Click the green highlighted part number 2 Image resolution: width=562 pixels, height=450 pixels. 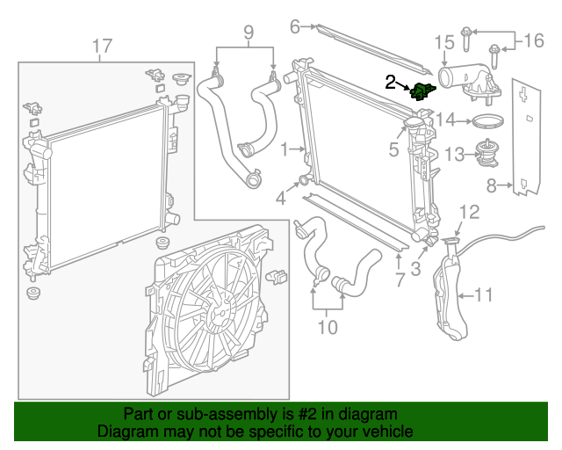422,91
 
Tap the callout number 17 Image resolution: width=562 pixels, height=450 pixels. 102,45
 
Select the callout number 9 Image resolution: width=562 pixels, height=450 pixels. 249,33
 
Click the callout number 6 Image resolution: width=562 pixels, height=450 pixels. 295,26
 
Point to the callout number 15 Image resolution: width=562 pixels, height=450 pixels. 443,42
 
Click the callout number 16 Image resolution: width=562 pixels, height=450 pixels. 534,40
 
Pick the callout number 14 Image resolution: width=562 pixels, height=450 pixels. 446,120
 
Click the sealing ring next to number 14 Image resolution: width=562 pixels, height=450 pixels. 491,120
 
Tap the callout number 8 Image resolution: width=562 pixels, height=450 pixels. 492,185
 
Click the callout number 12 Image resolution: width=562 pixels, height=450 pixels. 469,211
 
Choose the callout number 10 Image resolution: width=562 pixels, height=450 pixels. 327,329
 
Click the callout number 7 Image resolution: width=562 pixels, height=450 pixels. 400,279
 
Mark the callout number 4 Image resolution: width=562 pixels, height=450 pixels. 281,199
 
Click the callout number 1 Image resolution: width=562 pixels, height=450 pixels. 285,150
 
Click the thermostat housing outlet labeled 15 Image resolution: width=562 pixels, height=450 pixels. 465,83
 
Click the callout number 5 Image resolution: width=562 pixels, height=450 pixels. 394,149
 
